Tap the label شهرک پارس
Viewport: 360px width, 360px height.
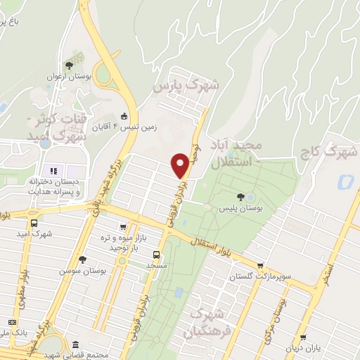[186, 86]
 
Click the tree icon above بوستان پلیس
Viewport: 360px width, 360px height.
[241, 197]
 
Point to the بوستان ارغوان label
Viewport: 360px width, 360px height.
[70, 76]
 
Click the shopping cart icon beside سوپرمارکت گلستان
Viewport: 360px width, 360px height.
[262, 266]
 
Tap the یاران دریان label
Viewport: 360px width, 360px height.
[303, 348]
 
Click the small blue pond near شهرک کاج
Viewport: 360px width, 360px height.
[345, 182]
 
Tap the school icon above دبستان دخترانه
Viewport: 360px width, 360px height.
[53, 170]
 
